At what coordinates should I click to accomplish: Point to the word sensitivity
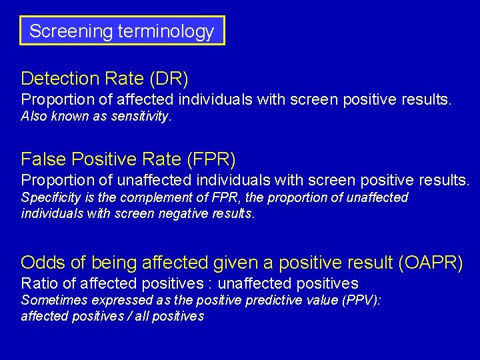tap(141, 117)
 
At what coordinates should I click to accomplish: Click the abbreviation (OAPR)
tap(430, 263)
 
